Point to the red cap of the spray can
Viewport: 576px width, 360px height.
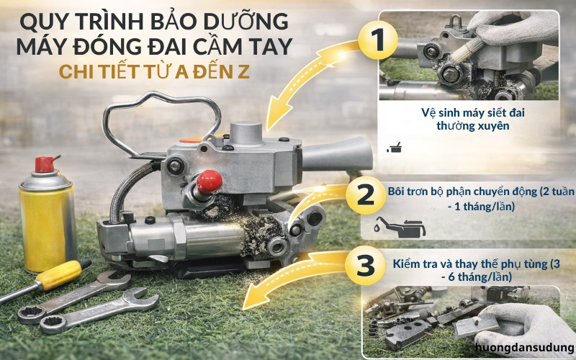45,163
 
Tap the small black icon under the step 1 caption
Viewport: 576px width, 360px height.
394,148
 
